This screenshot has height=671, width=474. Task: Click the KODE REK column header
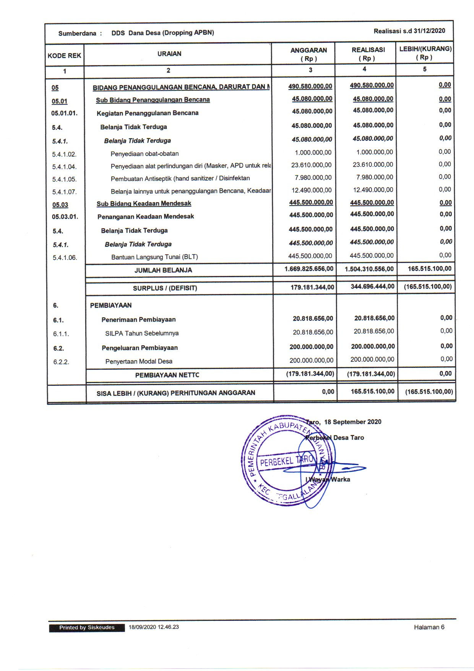click(x=64, y=56)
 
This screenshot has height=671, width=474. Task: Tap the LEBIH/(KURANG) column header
click(x=425, y=53)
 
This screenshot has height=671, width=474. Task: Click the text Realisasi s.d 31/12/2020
click(x=409, y=31)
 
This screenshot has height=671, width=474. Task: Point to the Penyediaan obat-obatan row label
click(x=144, y=154)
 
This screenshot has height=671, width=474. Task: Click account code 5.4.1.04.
click(x=65, y=167)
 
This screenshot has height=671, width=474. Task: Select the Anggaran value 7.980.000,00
click(x=313, y=178)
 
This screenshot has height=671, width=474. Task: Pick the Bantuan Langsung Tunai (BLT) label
click(x=154, y=257)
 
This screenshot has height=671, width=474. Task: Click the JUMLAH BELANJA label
click(x=163, y=270)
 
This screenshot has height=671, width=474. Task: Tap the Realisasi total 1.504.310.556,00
click(x=369, y=269)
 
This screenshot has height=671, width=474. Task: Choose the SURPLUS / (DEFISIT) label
click(x=165, y=288)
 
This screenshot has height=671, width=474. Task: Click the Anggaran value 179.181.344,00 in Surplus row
click(x=312, y=287)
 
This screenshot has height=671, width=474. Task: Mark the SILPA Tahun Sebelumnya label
click(x=142, y=333)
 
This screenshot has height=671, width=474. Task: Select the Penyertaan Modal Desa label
click(x=139, y=361)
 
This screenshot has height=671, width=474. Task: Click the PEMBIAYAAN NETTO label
click(x=167, y=375)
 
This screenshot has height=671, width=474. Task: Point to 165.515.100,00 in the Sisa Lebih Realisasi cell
click(x=372, y=392)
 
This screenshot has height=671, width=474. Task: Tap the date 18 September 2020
click(x=352, y=422)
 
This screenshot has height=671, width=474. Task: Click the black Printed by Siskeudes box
click(x=87, y=628)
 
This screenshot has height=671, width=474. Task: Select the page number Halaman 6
click(x=429, y=627)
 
